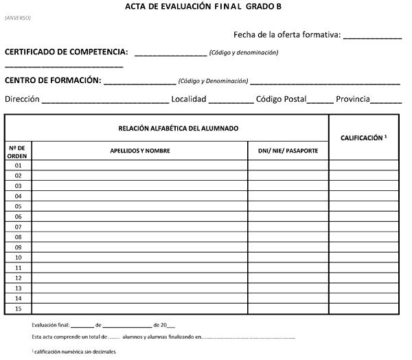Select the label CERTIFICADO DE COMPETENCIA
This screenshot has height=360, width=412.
[x=67, y=52]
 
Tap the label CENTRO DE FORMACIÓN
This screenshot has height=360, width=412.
[x=53, y=80]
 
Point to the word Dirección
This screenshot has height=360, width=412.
[x=22, y=99]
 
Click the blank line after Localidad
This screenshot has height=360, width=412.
[x=231, y=100]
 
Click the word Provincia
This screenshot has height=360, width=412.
[x=353, y=99]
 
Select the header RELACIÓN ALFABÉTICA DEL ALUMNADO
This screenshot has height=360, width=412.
[x=178, y=128]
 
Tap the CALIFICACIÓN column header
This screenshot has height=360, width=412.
[x=364, y=138]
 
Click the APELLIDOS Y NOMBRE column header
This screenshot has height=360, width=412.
[x=140, y=150]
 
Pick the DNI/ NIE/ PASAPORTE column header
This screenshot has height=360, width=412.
[x=288, y=150]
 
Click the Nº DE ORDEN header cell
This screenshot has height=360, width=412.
[x=18, y=151]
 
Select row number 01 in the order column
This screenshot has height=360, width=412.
[x=18, y=166]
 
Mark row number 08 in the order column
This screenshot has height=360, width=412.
[x=18, y=237]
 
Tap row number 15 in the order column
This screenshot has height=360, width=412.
[x=18, y=308]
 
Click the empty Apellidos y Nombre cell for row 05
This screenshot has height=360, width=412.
[x=140, y=206]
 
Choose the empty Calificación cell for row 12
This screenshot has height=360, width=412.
[x=365, y=278]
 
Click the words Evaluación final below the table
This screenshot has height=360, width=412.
[x=50, y=326]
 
